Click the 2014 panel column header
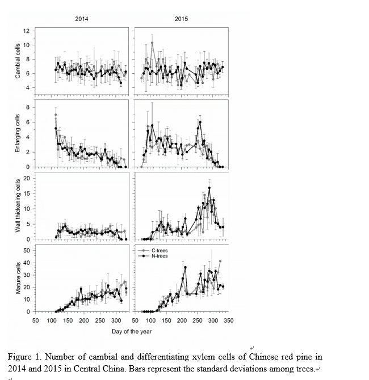click(x=82, y=19)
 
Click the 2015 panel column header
click(x=181, y=19)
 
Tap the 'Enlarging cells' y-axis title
click(x=18, y=133)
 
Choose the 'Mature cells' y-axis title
click(x=18, y=278)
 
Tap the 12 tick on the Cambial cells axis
click(x=26, y=31)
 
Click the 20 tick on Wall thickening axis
click(x=26, y=179)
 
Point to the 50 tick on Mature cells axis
click(x=26, y=250)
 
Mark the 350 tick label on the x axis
click(x=228, y=320)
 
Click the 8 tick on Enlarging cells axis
click(x=27, y=107)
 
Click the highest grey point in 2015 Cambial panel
click(x=152, y=43)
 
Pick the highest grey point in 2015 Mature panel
click(x=220, y=261)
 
